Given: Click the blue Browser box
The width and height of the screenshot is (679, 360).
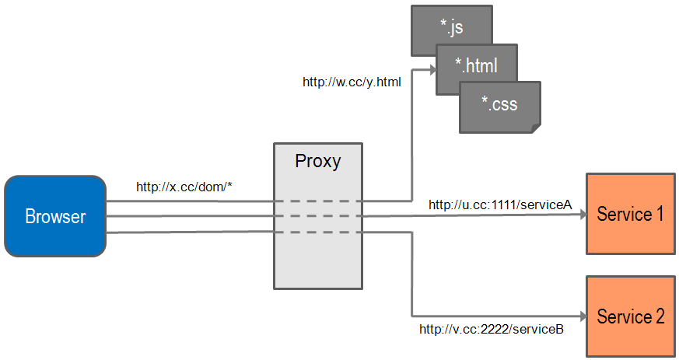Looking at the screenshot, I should click(x=54, y=216).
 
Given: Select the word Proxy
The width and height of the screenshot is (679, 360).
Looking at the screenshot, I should click(x=317, y=162).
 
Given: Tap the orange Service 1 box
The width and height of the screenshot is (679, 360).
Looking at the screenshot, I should click(x=630, y=214).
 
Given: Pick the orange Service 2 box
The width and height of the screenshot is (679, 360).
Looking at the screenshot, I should click(x=630, y=316).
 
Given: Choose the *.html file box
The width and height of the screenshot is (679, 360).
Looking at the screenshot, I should click(x=476, y=65).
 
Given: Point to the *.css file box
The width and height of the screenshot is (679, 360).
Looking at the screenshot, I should click(x=499, y=103).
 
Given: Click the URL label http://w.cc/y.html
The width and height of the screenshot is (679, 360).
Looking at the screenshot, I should click(x=352, y=81).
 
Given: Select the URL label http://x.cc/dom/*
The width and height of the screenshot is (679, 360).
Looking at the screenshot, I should click(x=185, y=187).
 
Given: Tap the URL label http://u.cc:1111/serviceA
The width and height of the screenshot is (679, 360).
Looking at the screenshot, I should click(x=500, y=204).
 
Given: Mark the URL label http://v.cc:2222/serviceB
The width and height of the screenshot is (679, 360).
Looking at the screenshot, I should click(x=492, y=329).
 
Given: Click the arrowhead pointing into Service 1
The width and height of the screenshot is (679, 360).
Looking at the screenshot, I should click(x=581, y=216).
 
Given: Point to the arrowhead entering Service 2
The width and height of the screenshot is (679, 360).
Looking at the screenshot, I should click(x=581, y=316).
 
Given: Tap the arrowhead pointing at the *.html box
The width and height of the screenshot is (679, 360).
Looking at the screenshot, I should click(x=432, y=69).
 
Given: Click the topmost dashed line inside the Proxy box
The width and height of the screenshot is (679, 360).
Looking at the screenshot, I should click(x=317, y=201).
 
